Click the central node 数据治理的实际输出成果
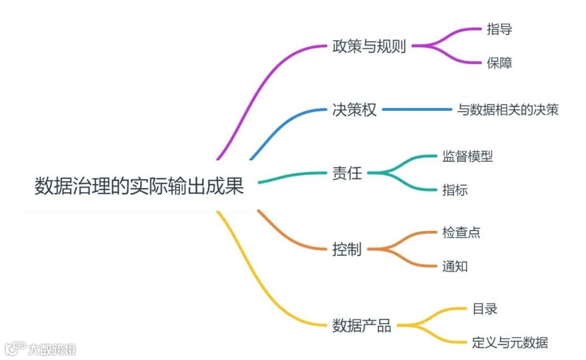point(139,186)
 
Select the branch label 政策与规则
point(369,46)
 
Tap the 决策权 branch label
point(354,110)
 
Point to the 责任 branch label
point(347,173)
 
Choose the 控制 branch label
point(347,250)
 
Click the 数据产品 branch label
point(361,326)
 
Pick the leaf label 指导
point(499,30)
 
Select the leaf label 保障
point(499,63)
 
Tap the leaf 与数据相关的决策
point(507,110)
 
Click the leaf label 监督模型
point(467,156)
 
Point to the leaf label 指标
point(455,190)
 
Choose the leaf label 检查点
point(461,233)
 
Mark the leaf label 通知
point(455,266)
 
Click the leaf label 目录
point(485,309)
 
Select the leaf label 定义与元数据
point(509,342)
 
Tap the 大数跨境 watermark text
point(53,349)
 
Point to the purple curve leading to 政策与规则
point(255,92)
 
